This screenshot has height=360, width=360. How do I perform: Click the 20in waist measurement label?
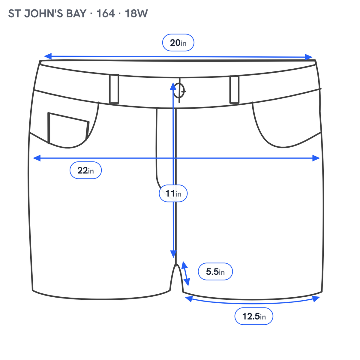pyautogui.click(x=178, y=43)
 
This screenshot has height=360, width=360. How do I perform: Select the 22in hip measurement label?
pyautogui.click(x=85, y=170)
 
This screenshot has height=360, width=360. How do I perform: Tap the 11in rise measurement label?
pyautogui.click(x=173, y=193)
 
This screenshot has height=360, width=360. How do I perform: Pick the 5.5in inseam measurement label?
pyautogui.click(x=215, y=271)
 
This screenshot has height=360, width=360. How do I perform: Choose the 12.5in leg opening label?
pyautogui.click(x=254, y=316)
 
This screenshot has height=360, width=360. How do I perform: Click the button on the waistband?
pyautogui.click(x=179, y=91)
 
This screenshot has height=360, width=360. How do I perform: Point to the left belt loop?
pyautogui.click(x=114, y=89)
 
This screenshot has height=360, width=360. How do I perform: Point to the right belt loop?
pyautogui.click(x=235, y=89)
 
